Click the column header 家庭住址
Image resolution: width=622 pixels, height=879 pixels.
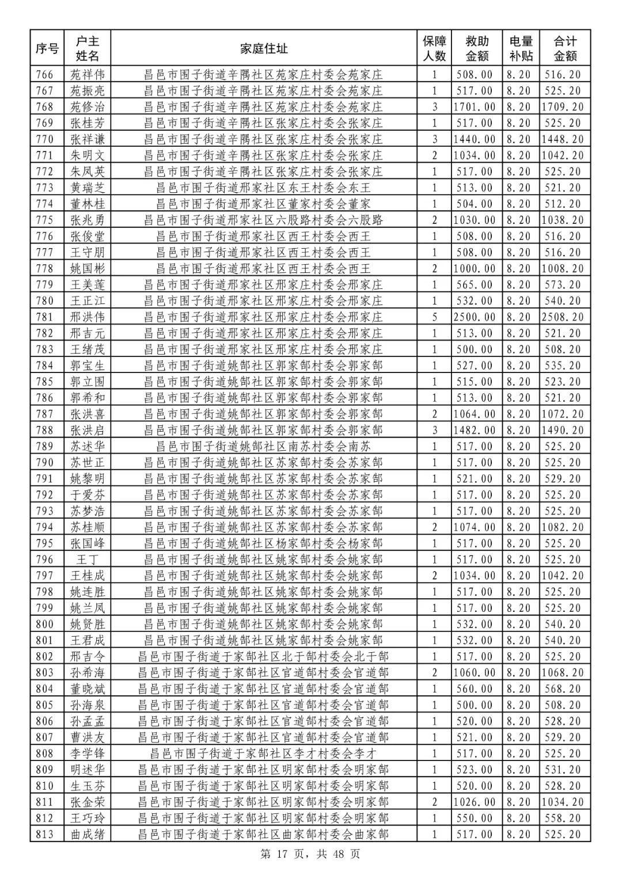264,49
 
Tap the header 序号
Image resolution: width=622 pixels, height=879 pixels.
47,49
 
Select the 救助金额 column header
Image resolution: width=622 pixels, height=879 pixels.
477,49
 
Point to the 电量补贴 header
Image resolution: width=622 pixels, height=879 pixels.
521,49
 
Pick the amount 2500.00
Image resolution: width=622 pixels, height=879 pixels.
474,317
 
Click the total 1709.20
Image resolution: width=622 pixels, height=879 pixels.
562,107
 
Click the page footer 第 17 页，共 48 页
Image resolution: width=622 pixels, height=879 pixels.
310,854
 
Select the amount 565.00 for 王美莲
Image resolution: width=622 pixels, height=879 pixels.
474,285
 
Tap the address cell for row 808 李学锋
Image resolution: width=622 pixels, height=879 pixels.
263,754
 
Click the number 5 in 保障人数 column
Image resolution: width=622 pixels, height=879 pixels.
435,317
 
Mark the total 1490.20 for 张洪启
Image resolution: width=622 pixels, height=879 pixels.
562,430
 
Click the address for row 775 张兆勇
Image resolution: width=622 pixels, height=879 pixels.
263,220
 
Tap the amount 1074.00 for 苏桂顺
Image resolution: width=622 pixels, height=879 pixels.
474,527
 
